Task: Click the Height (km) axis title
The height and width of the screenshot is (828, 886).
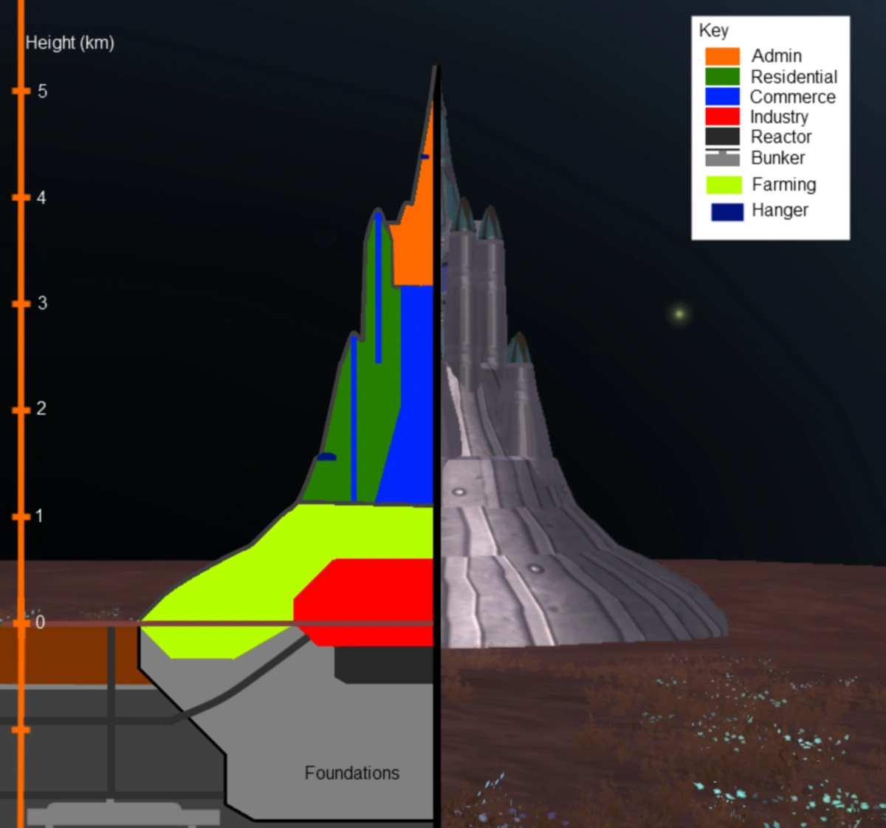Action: [69, 43]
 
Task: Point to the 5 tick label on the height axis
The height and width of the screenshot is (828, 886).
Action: [42, 91]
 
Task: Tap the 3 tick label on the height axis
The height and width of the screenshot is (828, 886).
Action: [42, 303]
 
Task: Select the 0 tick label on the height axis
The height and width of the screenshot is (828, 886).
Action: [40, 622]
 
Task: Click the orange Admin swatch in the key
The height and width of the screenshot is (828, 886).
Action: [722, 56]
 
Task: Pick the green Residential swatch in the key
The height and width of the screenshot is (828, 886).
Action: [722, 76]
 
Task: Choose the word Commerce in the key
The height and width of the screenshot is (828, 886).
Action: [792, 97]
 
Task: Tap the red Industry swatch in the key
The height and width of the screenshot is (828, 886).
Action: [722, 116]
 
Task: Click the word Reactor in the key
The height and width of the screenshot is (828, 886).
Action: [780, 137]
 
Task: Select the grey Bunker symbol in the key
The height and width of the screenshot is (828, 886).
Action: [722, 157]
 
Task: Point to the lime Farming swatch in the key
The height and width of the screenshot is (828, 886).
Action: [724, 185]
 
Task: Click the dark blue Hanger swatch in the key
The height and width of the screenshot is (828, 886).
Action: [727, 211]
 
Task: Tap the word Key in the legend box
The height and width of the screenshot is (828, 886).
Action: [713, 30]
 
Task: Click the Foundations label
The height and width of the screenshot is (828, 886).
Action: [351, 773]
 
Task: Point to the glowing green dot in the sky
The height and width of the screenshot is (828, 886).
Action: [679, 314]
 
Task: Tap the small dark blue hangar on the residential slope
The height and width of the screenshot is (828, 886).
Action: [326, 457]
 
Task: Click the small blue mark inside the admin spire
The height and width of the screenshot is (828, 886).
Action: [425, 157]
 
